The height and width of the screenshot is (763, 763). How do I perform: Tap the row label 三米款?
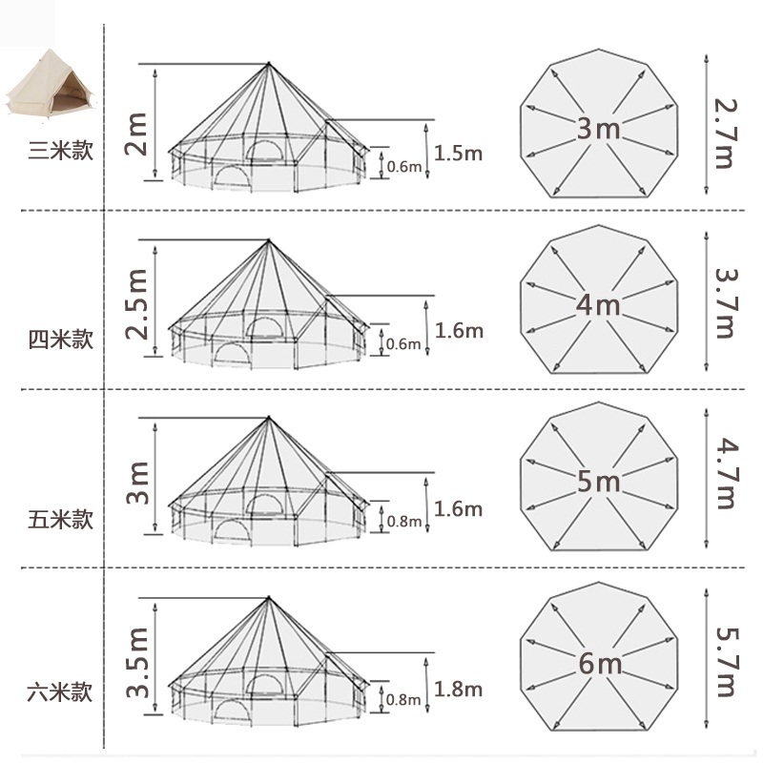[60, 151]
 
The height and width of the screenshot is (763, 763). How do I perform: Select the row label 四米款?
[60, 340]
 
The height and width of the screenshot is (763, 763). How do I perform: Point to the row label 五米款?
[60, 520]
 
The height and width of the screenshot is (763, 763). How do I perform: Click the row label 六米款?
[60, 692]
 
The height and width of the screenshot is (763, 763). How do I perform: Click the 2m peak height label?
[136, 134]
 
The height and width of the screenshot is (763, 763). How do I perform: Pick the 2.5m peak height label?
[136, 304]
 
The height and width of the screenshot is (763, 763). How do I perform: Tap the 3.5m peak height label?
[136, 662]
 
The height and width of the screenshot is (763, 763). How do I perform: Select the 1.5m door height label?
[458, 154]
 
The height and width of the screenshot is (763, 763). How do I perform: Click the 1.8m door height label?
[458, 690]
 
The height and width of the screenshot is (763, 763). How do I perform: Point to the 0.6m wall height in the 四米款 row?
[403, 344]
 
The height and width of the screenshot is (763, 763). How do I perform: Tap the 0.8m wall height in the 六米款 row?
[403, 700]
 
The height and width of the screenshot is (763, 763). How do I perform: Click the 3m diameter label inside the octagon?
[599, 129]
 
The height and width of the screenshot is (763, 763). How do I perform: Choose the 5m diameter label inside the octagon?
[599, 482]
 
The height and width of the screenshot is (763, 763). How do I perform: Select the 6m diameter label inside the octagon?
[600, 663]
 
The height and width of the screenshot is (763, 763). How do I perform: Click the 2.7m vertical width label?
[726, 134]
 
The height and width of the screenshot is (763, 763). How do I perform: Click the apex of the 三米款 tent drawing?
[269, 64]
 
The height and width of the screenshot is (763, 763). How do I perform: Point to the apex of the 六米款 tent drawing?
[269, 598]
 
